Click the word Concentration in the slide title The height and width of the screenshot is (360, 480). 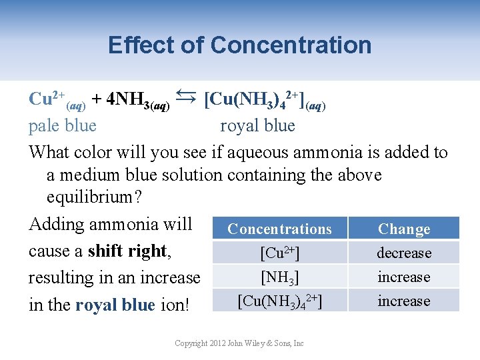point(291,45)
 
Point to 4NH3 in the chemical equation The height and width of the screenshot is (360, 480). point(131,100)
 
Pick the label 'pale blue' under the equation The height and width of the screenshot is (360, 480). point(63,125)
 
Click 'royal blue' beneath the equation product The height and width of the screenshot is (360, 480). point(257,125)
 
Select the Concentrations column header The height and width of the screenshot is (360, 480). point(279,229)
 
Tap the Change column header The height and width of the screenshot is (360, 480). point(404,229)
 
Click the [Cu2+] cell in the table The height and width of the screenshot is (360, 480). point(279,253)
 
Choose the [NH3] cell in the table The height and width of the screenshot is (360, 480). point(279,277)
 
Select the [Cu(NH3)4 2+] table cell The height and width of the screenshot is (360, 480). point(279,301)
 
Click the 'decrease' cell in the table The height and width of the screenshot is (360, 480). point(404,253)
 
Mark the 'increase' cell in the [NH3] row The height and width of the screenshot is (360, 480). point(404,277)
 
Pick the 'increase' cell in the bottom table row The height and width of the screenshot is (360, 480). point(404,301)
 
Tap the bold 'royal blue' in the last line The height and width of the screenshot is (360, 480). point(116,305)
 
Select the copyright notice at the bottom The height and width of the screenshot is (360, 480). point(239,343)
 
